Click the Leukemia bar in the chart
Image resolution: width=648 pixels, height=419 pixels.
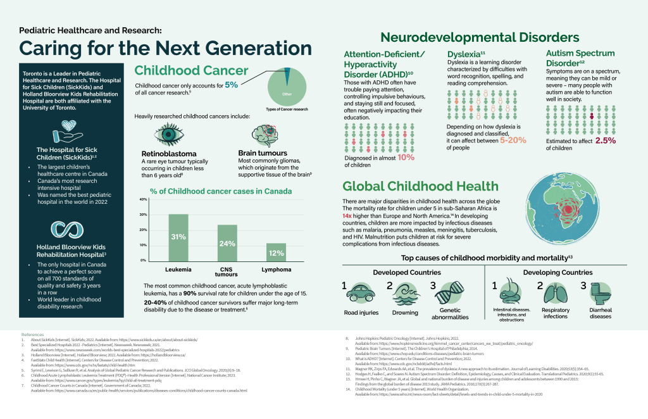tap(178, 237)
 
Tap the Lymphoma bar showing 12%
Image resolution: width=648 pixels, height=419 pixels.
tap(275, 252)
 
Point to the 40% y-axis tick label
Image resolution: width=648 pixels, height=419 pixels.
tap(142, 200)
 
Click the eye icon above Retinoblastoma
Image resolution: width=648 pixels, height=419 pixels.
tap(170, 134)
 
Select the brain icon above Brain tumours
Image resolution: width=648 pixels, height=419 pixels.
tap(265, 134)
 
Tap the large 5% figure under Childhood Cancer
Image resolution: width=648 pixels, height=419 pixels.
tap(231, 85)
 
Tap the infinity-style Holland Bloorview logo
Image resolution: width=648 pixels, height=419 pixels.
tap(63, 230)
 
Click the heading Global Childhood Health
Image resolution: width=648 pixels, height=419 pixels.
tap(421, 186)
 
